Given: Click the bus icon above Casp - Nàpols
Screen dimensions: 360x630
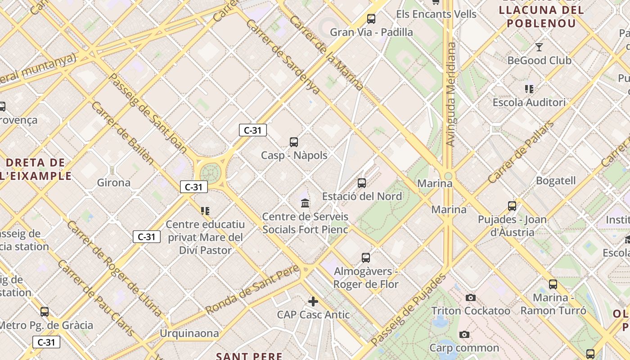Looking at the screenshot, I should pos(294,142).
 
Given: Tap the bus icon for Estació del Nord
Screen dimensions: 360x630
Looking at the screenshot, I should pos(362,183).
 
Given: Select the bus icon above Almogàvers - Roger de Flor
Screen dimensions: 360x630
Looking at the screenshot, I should pos(366,258).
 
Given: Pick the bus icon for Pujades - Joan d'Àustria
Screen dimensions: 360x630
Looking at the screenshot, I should pos(512,206).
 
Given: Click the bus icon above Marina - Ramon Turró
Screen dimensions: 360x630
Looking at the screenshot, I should pos(553,284).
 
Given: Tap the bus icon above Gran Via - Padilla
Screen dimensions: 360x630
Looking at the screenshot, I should pos(371,19).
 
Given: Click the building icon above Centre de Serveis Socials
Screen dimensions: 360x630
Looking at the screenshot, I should pos(305,203).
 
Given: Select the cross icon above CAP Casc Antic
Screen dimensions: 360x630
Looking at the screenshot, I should pos(313,301).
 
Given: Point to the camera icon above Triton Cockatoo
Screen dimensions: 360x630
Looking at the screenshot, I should pos(471,297).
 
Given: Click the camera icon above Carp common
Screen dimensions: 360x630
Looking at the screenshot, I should pos(464,334).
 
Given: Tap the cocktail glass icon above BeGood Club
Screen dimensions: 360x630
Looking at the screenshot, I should pos(539,47).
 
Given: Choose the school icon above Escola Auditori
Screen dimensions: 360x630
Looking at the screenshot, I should pos(529,89).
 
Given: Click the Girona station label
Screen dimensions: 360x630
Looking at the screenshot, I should pos(114,183).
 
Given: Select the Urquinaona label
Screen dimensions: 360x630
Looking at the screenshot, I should pos(189,333).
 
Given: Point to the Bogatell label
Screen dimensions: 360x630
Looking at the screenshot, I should pos(556,181).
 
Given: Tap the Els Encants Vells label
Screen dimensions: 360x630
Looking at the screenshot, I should pos(436,14).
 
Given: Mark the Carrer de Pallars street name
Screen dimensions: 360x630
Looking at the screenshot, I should pos(521,152).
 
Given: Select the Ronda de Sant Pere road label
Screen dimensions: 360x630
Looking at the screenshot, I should pos(252,290).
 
